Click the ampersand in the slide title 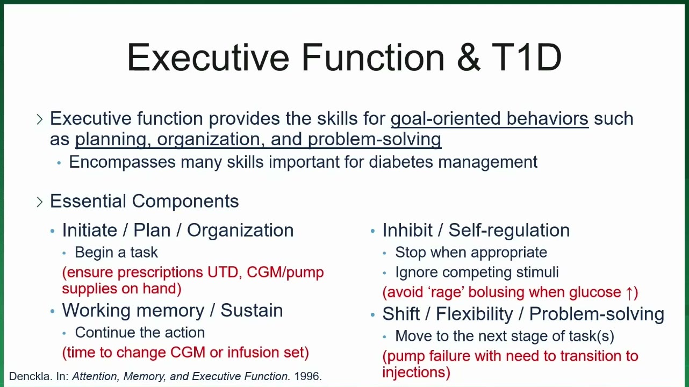click(x=469, y=57)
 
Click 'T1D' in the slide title click(x=527, y=57)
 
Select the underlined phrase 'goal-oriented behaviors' click(x=490, y=119)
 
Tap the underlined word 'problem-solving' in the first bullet click(x=375, y=140)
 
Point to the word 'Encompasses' click(x=122, y=162)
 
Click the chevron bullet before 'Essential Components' click(x=39, y=202)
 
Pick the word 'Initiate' click(x=90, y=230)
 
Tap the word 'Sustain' click(x=252, y=310)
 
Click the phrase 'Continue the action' click(x=140, y=333)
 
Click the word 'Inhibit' click(x=407, y=230)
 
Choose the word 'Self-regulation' click(x=509, y=231)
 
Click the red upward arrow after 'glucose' click(x=629, y=292)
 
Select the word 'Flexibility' click(x=475, y=314)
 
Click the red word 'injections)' click(x=416, y=372)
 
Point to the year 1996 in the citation click(x=308, y=376)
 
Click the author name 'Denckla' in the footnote click(x=31, y=376)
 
